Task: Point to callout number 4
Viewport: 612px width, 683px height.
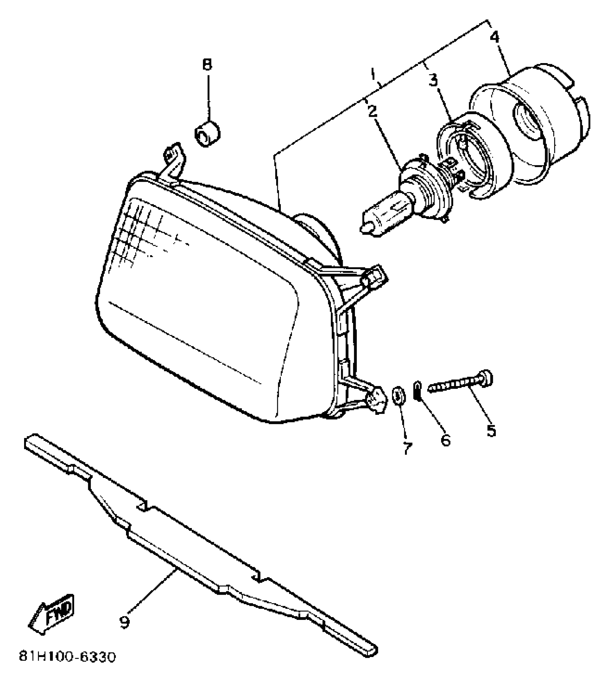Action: (x=495, y=37)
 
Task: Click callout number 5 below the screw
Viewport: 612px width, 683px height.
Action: (x=491, y=430)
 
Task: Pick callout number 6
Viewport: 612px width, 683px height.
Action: (x=445, y=439)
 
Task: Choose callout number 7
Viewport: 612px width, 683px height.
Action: (x=407, y=448)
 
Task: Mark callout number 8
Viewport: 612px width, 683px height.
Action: (x=207, y=65)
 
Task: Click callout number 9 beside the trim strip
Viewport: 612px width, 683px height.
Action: (x=124, y=622)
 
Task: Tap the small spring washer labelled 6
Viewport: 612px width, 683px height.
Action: (x=418, y=390)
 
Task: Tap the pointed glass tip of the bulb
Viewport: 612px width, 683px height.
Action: (x=364, y=228)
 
